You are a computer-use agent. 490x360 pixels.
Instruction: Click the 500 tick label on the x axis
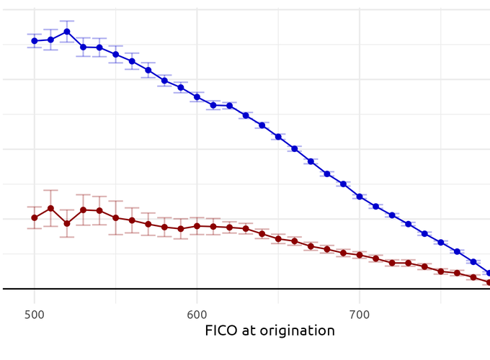click(x=34, y=315)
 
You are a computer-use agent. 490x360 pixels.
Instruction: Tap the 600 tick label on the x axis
click(x=197, y=315)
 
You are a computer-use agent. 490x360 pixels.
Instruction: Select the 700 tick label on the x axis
click(x=359, y=315)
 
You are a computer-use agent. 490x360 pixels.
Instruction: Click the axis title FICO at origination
click(x=269, y=331)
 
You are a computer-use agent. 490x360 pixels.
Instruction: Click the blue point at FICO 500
click(x=34, y=41)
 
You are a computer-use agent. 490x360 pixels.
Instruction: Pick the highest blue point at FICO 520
click(x=67, y=32)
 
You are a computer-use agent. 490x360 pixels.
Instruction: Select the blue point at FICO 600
click(x=197, y=97)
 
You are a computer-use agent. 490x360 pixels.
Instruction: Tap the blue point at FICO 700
click(x=359, y=197)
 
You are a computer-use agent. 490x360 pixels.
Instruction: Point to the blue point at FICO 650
click(x=278, y=137)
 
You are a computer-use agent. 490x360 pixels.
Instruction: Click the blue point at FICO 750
click(x=440, y=242)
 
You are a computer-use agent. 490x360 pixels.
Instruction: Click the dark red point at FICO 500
click(x=34, y=217)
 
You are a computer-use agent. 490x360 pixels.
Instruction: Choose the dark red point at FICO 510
click(x=50, y=208)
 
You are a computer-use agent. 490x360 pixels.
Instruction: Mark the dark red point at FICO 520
click(x=67, y=223)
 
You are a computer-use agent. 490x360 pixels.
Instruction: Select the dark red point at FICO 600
click(x=197, y=226)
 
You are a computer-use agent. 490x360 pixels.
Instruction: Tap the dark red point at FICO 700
click(x=359, y=255)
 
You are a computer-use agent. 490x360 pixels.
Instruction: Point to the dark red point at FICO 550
click(x=115, y=217)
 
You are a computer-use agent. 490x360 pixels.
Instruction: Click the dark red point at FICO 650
click(x=278, y=238)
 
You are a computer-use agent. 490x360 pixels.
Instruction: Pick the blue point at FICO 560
click(x=132, y=61)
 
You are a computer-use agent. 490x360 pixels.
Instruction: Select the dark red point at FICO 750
click(x=440, y=271)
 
